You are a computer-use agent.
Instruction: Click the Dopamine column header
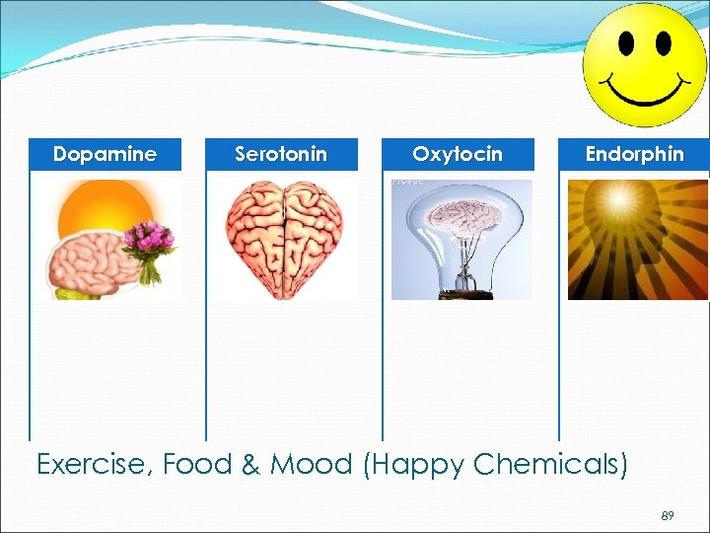tap(105, 154)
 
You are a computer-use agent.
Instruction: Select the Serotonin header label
tap(281, 154)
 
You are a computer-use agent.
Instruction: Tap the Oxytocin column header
tap(458, 154)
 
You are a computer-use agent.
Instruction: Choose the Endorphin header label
tap(634, 154)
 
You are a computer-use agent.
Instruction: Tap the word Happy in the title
tap(415, 465)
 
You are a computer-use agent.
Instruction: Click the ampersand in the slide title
tap(250, 464)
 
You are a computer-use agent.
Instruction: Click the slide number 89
tap(668, 515)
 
